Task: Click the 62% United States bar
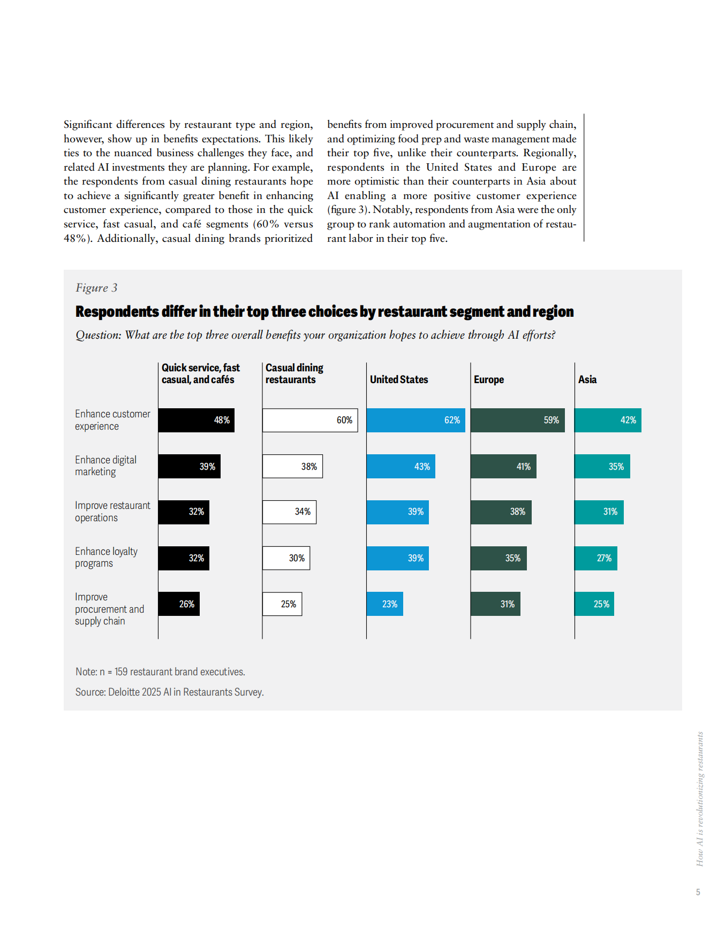416,420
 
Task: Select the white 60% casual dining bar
309,420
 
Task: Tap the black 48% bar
196,420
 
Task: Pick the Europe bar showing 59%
517,420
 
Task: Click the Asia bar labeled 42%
608,420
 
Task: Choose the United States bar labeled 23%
384,604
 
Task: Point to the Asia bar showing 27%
596,558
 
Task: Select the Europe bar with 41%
503,466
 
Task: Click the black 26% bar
179,604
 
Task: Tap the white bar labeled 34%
289,512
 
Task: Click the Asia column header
587,379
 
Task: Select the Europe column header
489,379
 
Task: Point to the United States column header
399,379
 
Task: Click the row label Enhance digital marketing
105,466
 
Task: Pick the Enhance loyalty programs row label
106,557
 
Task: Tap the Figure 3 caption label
96,288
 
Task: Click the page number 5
698,892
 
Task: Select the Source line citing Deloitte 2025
169,692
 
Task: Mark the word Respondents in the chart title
117,311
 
